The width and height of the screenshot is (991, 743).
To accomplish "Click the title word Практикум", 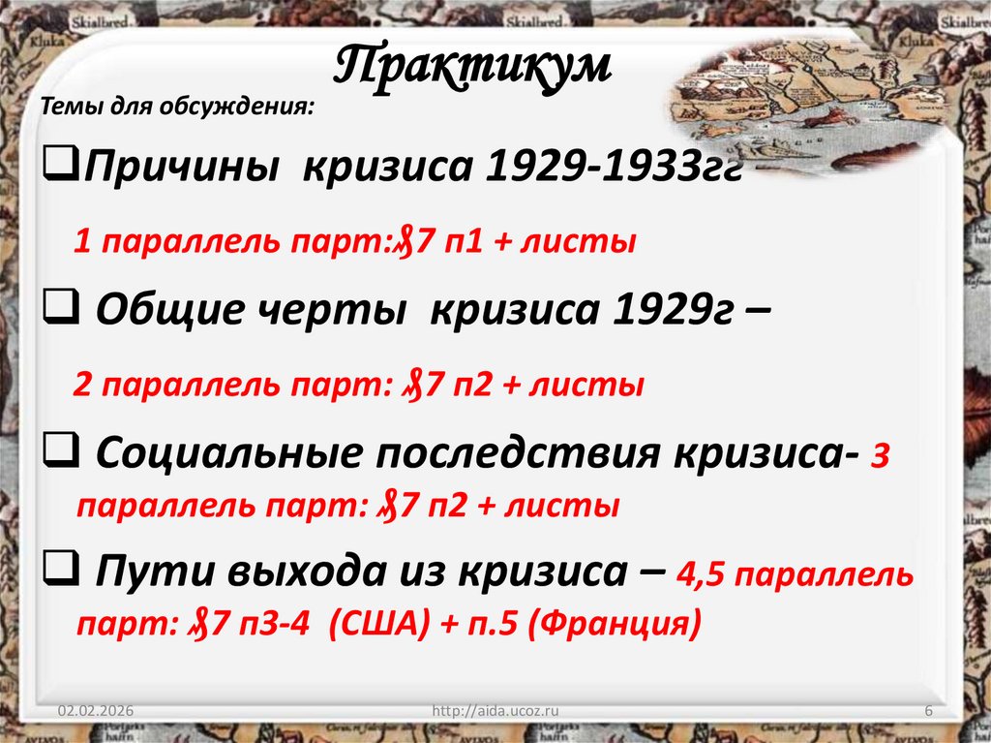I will tap(473, 66).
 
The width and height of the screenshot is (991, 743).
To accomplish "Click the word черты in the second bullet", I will tap(337, 309).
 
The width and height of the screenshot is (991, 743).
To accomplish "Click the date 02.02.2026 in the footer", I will tap(95, 712).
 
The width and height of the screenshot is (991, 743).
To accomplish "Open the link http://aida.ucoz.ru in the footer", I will tap(495, 712).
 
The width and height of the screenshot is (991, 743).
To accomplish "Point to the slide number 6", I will tap(928, 712).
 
